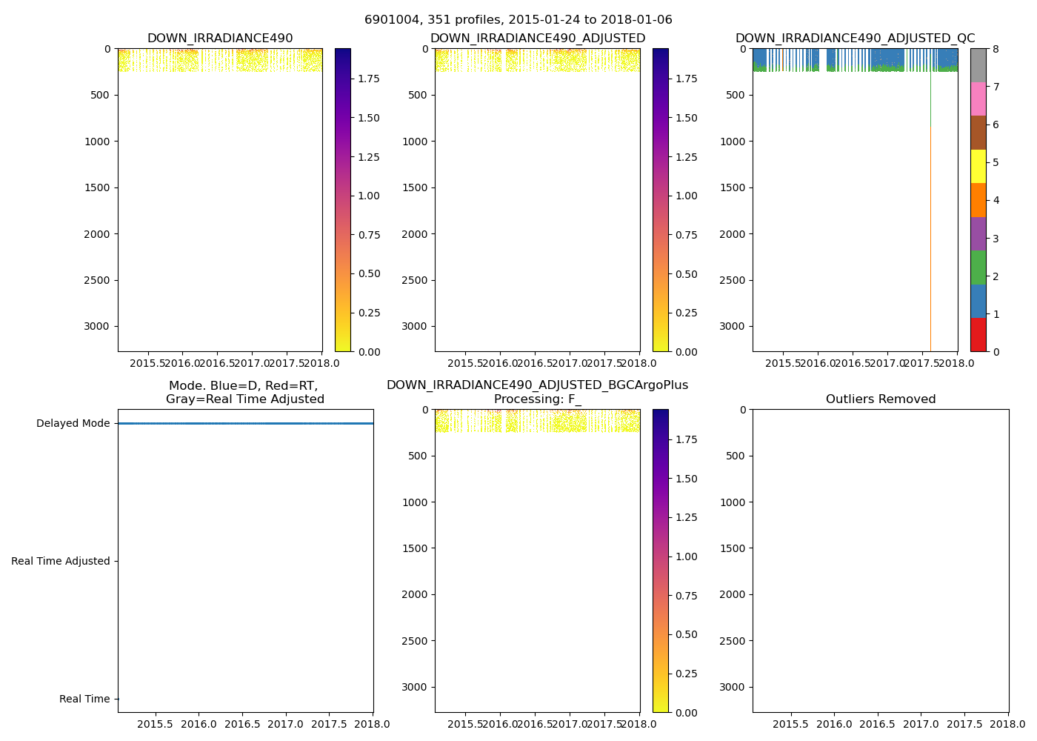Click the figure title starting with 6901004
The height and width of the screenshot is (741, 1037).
pyautogui.click(x=518, y=20)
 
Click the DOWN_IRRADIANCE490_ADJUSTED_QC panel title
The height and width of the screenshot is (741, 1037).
pyautogui.click(x=855, y=39)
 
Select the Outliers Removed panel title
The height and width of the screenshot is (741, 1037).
pyautogui.click(x=881, y=399)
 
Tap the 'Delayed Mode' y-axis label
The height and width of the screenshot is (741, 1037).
pyautogui.click(x=73, y=424)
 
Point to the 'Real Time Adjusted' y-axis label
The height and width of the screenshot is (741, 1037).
pyautogui.click(x=60, y=562)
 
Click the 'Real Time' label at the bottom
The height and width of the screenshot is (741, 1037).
pyautogui.click(x=84, y=700)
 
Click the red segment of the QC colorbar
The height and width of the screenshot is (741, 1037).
pyautogui.click(x=978, y=335)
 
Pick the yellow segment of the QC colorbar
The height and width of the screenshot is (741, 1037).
pyautogui.click(x=978, y=167)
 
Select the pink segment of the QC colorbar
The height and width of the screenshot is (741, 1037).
pyautogui.click(x=978, y=99)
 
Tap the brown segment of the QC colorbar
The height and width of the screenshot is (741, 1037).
pyautogui.click(x=978, y=133)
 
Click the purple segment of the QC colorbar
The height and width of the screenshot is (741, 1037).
pyautogui.click(x=978, y=234)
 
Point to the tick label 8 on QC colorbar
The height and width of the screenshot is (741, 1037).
pyautogui.click(x=996, y=50)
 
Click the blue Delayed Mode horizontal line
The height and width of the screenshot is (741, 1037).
pyautogui.click(x=244, y=423)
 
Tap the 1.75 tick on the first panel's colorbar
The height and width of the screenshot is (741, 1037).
pyautogui.click(x=369, y=79)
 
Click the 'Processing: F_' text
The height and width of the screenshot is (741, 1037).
pyautogui.click(x=537, y=399)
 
